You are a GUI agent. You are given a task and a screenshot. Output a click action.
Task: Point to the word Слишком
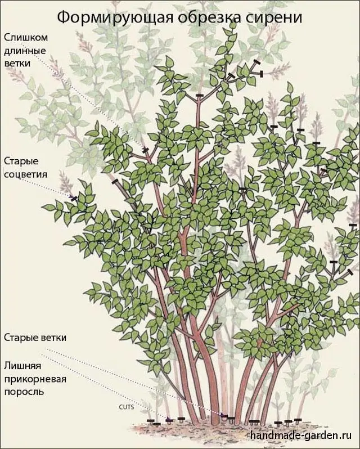26,38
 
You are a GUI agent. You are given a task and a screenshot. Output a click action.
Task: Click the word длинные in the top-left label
25,51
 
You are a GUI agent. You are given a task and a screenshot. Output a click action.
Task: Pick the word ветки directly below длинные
17,63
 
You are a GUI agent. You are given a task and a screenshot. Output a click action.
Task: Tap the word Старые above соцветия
21,161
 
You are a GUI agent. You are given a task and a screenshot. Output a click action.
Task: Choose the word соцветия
26,174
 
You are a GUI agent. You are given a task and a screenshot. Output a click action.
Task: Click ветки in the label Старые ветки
53,338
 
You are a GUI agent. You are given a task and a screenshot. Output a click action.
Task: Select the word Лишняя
23,366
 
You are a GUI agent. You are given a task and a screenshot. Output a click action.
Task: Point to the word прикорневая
35,379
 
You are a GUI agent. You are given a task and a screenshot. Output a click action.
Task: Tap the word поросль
24,392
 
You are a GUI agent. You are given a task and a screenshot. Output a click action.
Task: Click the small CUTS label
126,407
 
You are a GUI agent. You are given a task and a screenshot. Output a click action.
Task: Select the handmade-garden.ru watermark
301,435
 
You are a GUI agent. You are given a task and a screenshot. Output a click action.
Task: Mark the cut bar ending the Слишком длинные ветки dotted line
145,150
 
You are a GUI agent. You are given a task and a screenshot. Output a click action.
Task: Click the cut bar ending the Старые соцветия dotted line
74,198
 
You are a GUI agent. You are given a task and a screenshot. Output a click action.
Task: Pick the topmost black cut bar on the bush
256,62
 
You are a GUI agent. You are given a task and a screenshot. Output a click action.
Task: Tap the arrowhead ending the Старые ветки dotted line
224,415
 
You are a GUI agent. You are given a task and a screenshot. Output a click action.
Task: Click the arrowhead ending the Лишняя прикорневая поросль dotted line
170,420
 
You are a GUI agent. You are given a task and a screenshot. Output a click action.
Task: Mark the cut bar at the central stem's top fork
200,95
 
